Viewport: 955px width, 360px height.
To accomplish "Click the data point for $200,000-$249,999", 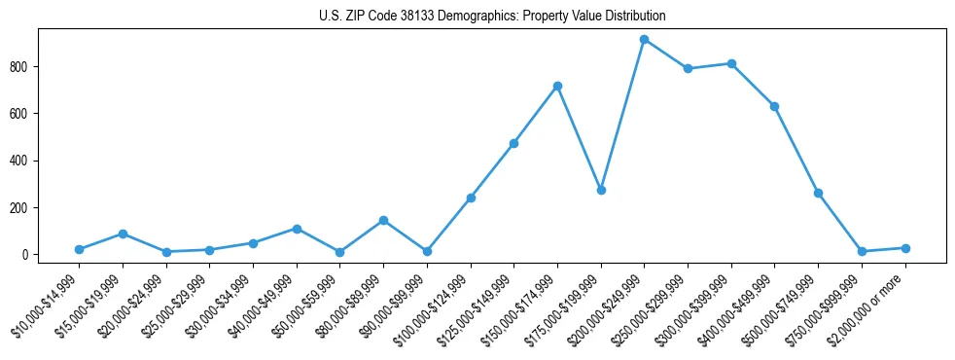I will click(x=644, y=40).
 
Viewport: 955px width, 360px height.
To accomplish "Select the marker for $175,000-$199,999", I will click(x=601, y=190).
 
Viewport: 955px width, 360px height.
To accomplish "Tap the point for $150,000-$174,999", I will click(x=557, y=86).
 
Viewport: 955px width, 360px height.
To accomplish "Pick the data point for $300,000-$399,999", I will click(x=731, y=63).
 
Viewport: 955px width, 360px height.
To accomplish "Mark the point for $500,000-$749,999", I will click(x=818, y=193).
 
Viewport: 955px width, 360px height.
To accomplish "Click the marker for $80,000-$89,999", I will click(x=383, y=220).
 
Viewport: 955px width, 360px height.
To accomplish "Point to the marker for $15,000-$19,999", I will click(x=123, y=234).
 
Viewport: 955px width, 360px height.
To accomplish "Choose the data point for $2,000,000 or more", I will click(x=905, y=248).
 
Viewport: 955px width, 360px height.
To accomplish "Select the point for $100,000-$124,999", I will click(x=471, y=198).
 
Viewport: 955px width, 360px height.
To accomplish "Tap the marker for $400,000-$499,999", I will click(x=774, y=106).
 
